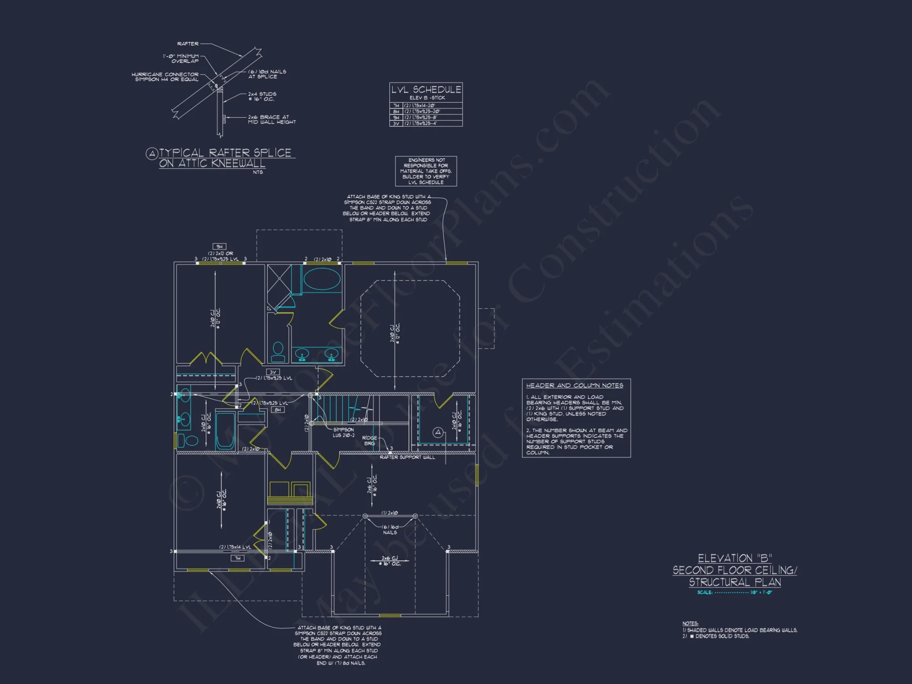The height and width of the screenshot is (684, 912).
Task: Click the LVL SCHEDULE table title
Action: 426,90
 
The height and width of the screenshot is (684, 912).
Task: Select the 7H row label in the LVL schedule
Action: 396,106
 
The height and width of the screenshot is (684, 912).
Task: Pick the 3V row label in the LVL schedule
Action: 396,124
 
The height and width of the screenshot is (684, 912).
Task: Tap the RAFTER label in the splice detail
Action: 188,44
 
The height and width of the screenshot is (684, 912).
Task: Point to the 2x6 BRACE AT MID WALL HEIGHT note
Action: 272,119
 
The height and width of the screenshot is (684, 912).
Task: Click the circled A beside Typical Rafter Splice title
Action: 152,154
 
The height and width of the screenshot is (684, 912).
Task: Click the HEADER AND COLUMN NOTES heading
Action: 575,386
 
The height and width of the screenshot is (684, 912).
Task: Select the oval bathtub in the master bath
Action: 322,279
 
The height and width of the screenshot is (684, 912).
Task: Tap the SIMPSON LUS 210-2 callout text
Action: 343,432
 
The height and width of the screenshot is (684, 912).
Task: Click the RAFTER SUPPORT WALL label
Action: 407,457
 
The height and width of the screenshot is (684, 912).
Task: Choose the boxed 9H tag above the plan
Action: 219,247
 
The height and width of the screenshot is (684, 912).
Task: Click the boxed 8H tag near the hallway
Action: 278,410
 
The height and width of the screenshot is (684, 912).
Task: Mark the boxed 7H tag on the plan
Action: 237,558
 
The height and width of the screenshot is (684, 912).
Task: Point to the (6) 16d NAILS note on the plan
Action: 390,530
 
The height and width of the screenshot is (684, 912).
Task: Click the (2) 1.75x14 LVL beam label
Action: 235,547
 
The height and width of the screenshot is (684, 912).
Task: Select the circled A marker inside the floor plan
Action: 438,432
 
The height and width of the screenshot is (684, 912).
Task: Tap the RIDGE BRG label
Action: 369,440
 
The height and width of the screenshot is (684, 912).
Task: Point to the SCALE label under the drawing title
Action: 705,593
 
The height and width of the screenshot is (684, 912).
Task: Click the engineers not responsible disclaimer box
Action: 426,171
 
